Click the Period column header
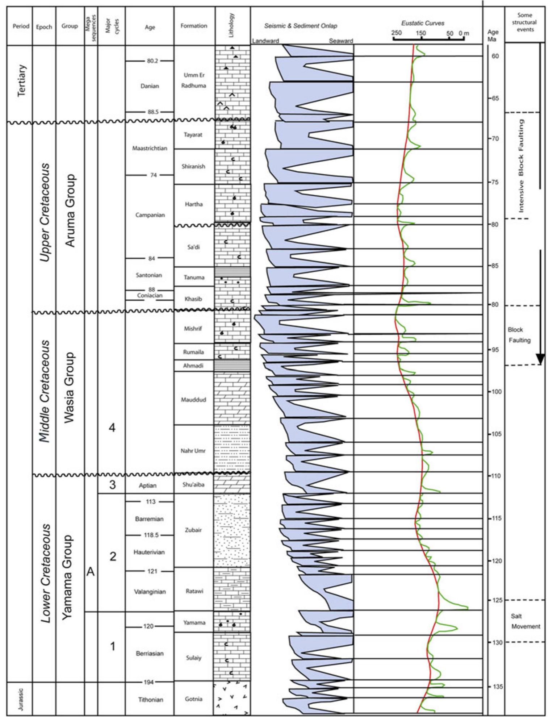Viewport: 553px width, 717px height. click(x=21, y=26)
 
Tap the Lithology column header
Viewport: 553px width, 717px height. click(x=232, y=25)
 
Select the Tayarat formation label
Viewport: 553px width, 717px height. click(x=193, y=135)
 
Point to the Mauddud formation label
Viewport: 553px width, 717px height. click(x=193, y=400)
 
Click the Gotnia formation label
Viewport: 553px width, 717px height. click(x=193, y=699)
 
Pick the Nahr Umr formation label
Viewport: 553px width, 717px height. click(x=193, y=451)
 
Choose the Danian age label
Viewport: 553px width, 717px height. click(x=150, y=86)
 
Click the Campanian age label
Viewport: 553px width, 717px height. click(x=150, y=215)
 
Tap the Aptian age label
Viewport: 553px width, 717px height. click(x=148, y=485)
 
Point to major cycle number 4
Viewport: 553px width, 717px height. click(x=112, y=428)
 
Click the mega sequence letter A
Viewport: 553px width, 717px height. click(x=91, y=572)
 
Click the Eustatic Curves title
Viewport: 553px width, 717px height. click(x=423, y=23)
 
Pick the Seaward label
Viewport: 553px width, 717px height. click(x=340, y=41)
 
